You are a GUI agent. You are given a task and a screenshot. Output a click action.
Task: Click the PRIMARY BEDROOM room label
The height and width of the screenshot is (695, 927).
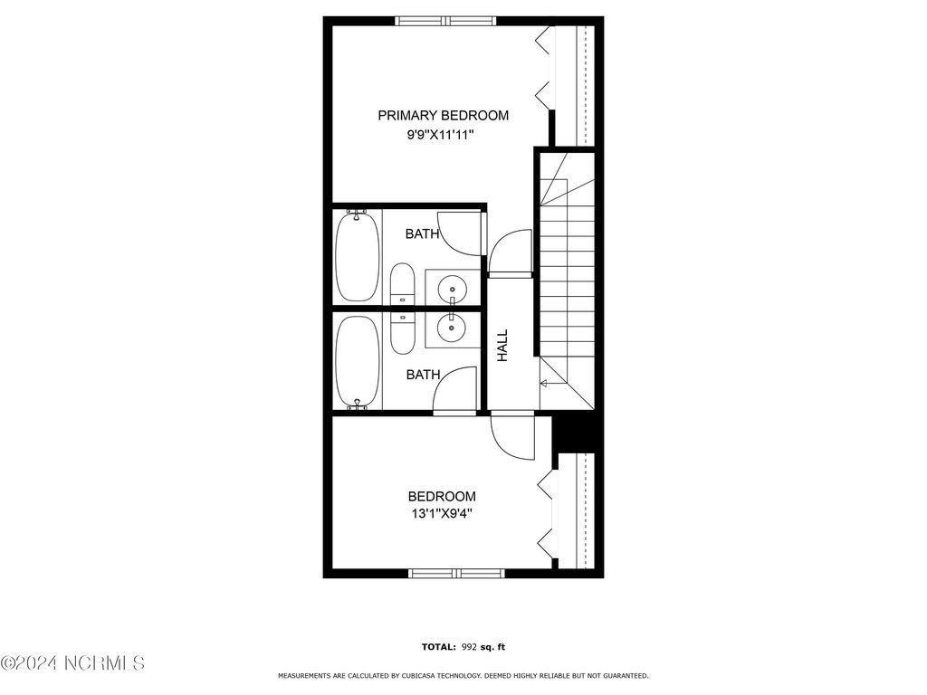(x=443, y=116)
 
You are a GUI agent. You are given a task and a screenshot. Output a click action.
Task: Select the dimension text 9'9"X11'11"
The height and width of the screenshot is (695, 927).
(x=441, y=136)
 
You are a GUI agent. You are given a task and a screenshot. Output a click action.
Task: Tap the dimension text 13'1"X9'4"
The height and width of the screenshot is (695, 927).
(x=441, y=514)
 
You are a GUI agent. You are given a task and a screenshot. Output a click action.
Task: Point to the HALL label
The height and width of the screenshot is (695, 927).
(x=502, y=345)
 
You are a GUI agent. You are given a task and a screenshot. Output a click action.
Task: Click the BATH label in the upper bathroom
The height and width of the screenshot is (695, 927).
(x=422, y=234)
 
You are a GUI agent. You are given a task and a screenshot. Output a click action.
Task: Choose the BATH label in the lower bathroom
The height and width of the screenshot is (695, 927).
(x=422, y=375)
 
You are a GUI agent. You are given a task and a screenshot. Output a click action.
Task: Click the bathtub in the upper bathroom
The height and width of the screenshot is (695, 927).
(x=358, y=256)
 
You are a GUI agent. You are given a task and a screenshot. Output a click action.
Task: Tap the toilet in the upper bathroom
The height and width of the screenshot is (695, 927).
(x=402, y=286)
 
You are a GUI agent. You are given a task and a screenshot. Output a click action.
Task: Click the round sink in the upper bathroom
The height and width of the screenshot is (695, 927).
(x=452, y=290)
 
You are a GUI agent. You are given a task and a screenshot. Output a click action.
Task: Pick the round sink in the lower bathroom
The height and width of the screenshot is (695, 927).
(x=452, y=326)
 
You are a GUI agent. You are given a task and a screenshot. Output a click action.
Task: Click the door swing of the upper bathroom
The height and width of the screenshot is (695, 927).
(x=456, y=231)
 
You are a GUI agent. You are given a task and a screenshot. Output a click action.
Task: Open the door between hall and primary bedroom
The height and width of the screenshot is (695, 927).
(x=510, y=252)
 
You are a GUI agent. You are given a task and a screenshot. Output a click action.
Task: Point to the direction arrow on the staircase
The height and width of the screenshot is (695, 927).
(x=544, y=384)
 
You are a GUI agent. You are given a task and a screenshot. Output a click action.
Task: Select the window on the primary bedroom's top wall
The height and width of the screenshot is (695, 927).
(x=446, y=21)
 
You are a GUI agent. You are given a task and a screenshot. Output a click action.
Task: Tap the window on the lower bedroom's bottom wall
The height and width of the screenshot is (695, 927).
(x=456, y=573)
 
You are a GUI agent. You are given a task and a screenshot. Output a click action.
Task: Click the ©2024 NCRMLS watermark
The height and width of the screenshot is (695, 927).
(x=72, y=663)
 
